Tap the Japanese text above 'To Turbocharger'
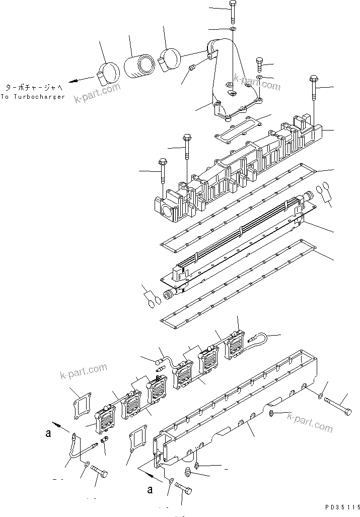click(x=34, y=87)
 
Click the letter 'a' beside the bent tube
click(x=47, y=432)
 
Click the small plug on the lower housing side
click(x=271, y=414)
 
